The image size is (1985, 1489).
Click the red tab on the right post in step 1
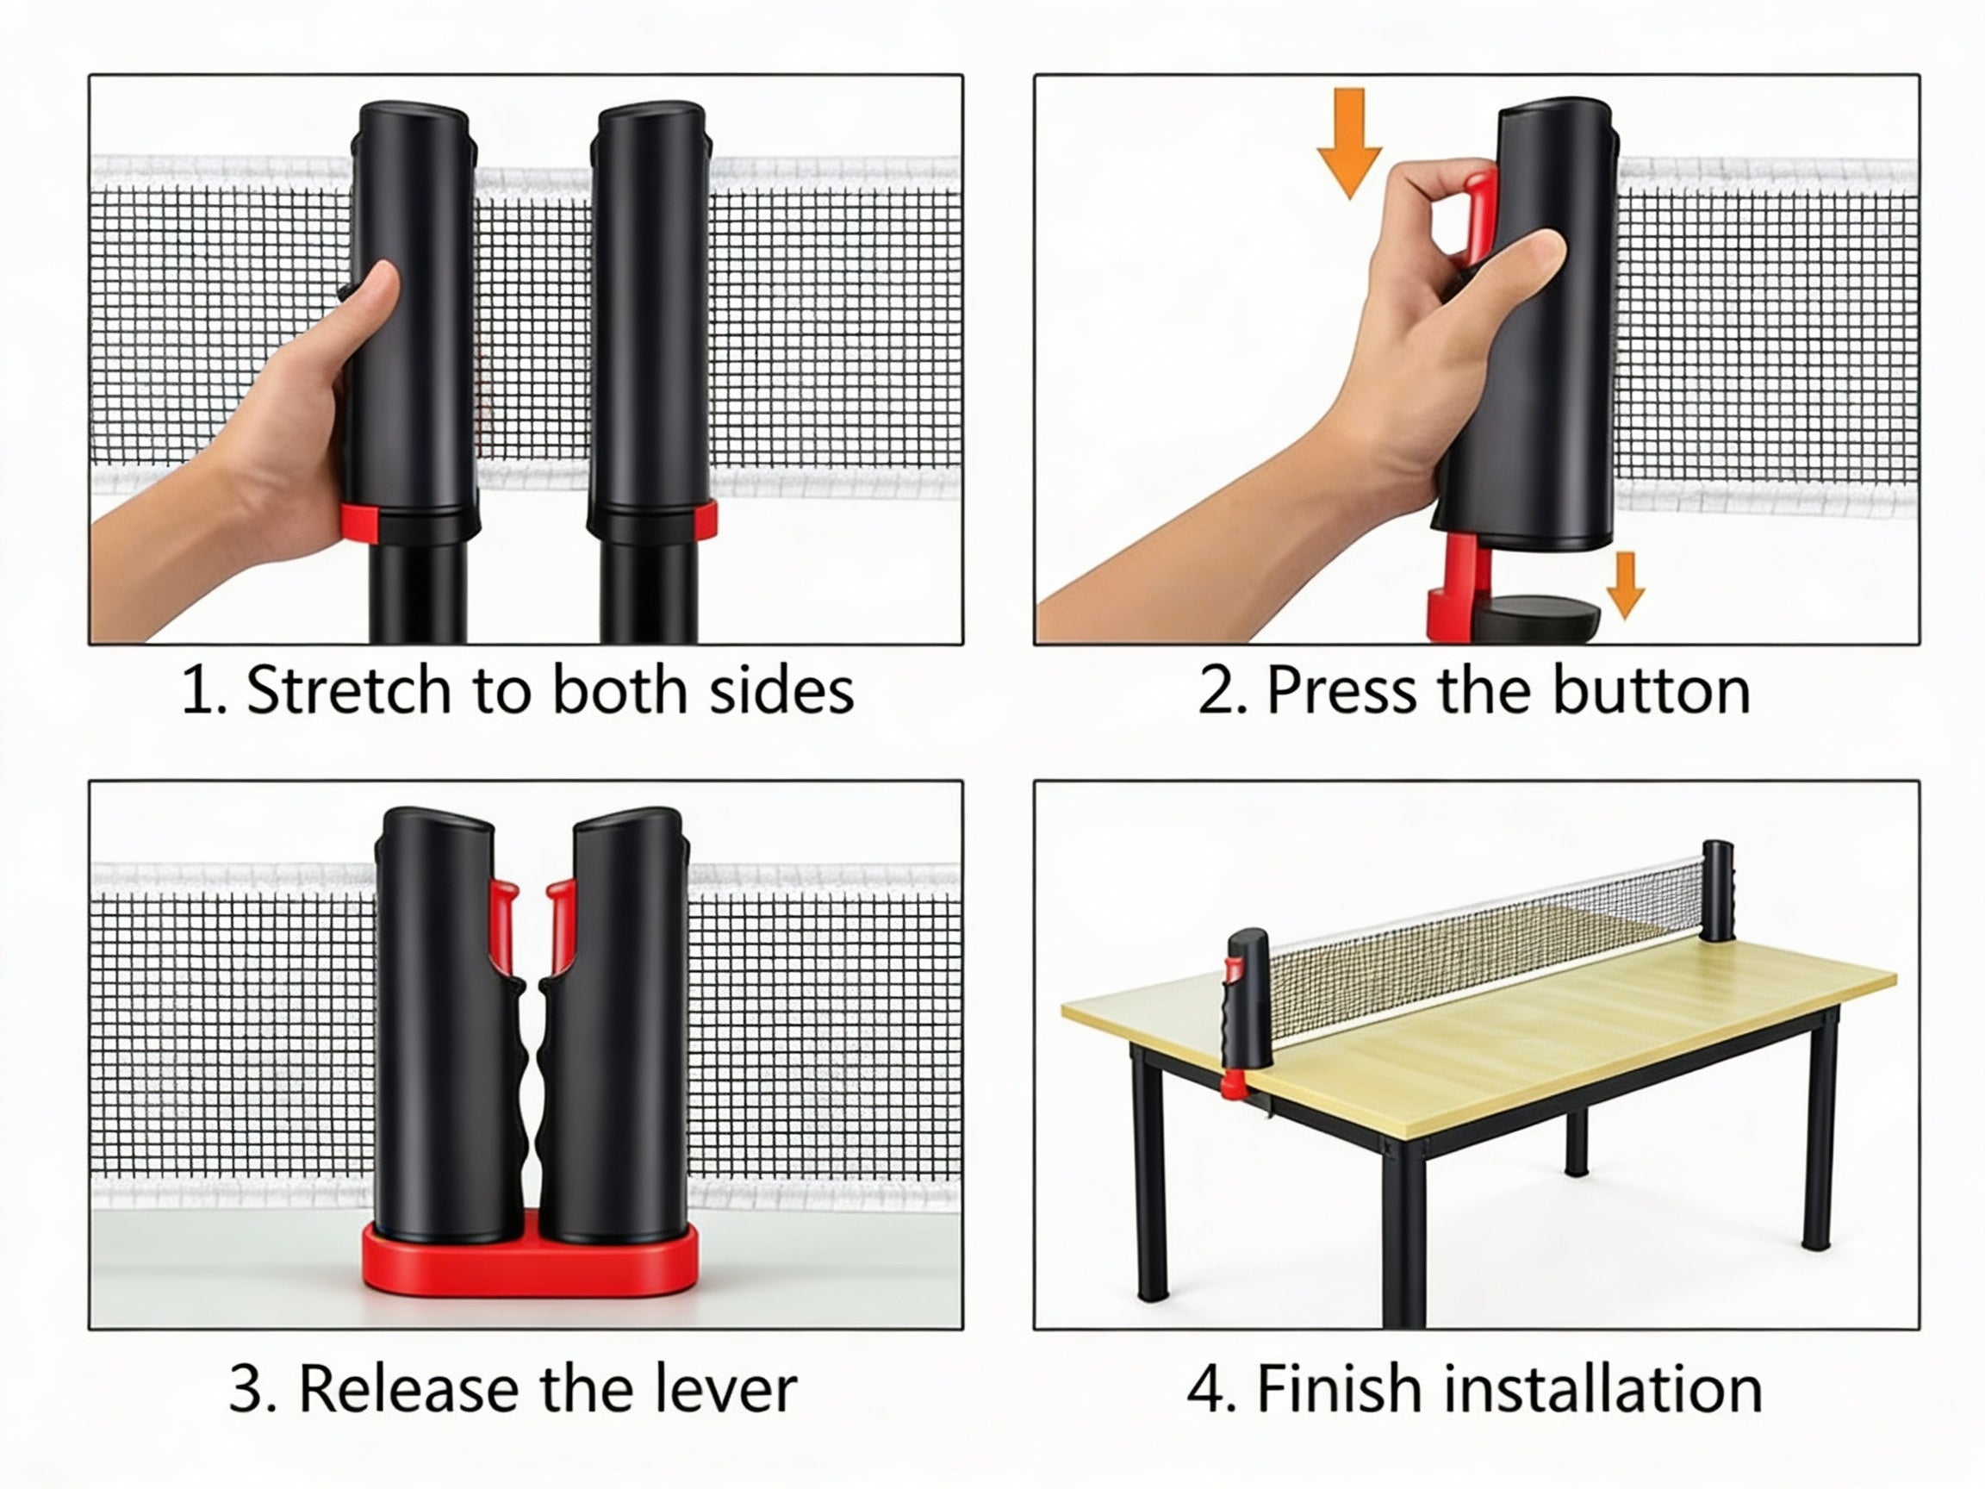706,520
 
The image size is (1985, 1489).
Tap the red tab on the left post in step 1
359,523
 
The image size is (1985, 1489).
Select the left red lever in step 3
503,925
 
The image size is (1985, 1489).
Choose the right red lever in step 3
561,925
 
